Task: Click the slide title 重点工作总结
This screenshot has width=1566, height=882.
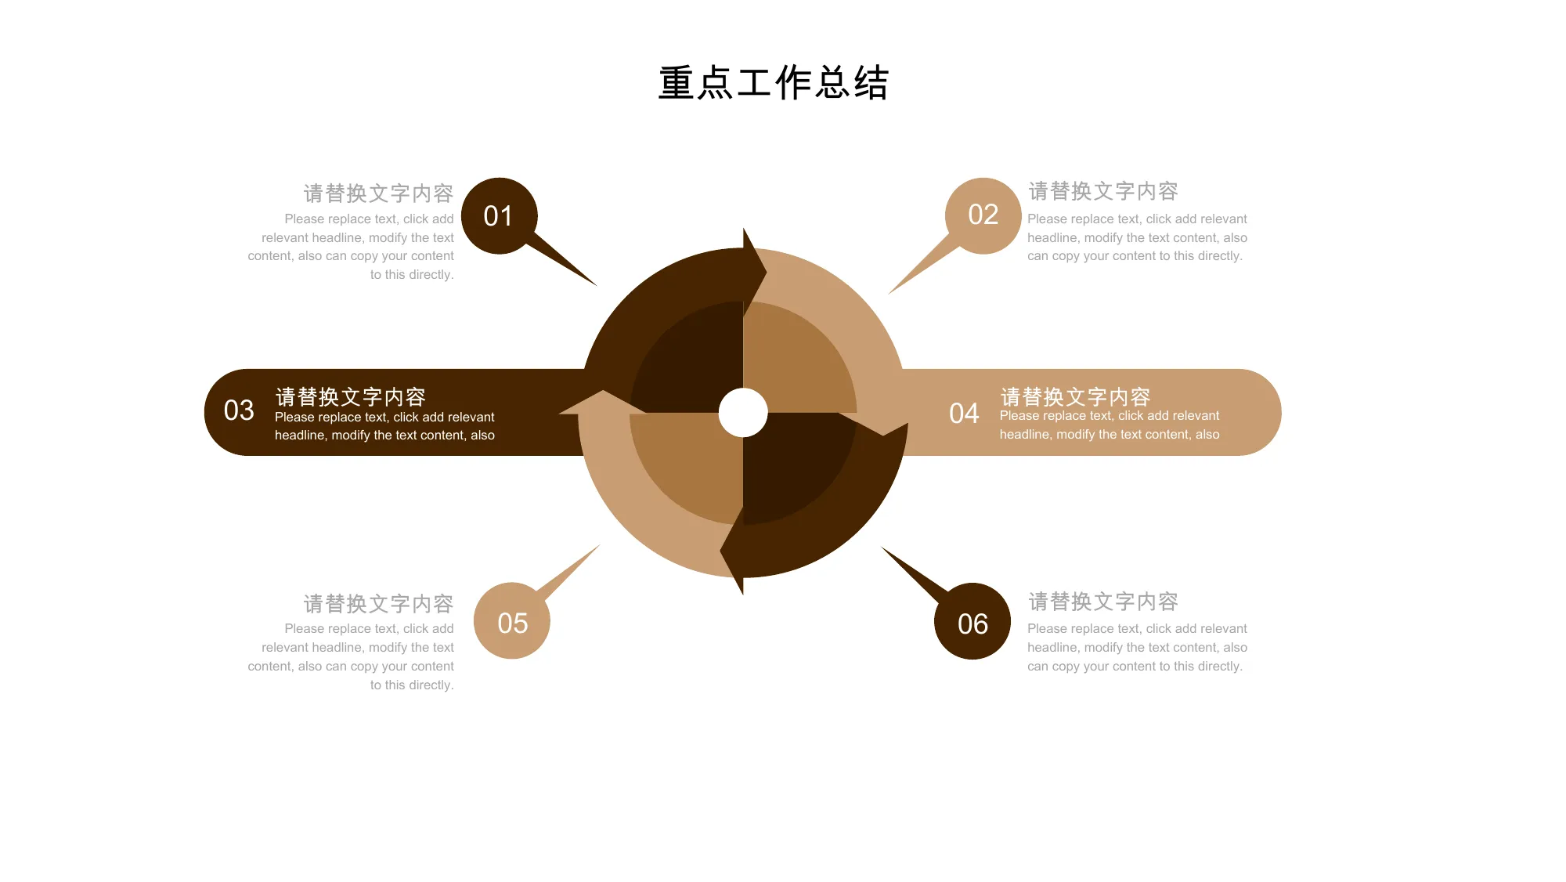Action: [x=774, y=83]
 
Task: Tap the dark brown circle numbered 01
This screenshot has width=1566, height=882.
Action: [x=499, y=216]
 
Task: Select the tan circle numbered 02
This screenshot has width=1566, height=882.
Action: [x=983, y=215]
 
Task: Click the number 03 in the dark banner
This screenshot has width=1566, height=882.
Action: [x=239, y=410]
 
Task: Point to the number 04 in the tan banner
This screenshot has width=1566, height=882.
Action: [x=964, y=414]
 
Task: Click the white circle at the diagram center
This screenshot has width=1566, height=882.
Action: [x=743, y=413]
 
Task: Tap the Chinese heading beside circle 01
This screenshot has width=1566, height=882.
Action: [x=378, y=193]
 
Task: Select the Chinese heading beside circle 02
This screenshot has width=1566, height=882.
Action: [x=1103, y=191]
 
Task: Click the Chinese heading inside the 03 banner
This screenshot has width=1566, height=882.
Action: [x=350, y=397]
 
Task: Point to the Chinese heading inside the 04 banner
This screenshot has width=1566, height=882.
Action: [x=1075, y=397]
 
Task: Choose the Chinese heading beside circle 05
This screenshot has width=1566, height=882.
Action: [x=378, y=604]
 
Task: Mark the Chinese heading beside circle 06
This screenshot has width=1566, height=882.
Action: [x=1103, y=602]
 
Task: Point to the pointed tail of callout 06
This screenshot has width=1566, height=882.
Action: [x=882, y=548]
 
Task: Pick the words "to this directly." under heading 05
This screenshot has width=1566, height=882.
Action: [x=412, y=685]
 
